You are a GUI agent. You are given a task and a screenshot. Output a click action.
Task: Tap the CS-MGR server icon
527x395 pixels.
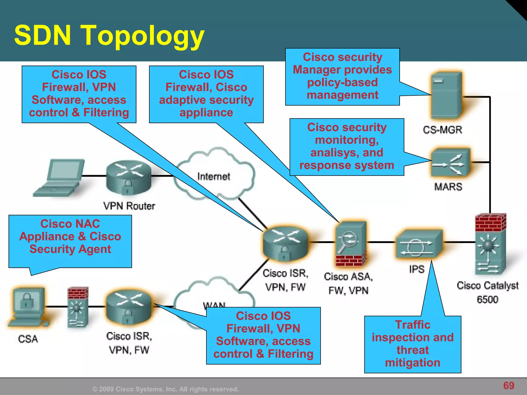pos(446,95)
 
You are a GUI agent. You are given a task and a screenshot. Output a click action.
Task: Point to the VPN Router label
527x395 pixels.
pos(129,206)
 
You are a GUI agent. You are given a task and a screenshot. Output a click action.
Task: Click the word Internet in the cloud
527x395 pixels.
pos(214,177)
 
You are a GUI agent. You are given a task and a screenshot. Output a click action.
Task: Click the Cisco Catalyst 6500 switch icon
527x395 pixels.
pos(490,244)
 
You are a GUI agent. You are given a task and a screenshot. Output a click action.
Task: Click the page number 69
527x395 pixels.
pos(508,385)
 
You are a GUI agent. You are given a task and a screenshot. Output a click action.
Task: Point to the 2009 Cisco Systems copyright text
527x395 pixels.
pos(165,389)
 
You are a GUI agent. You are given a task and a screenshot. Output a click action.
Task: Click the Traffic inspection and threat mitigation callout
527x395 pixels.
pos(412,344)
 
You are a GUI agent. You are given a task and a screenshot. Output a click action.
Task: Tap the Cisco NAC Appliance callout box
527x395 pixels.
pos(70,237)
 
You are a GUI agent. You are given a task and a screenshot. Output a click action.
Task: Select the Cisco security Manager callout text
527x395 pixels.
pos(342,76)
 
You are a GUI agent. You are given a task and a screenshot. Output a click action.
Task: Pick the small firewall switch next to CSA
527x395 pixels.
pos(78,307)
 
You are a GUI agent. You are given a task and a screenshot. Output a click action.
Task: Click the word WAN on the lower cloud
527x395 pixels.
pos(214,305)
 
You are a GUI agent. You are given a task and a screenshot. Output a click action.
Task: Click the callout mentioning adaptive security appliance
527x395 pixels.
pos(206,94)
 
